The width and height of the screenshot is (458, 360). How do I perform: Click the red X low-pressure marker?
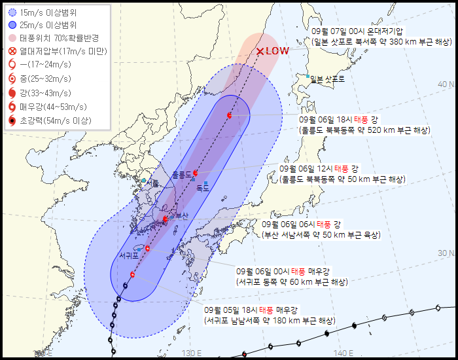pos(260,51)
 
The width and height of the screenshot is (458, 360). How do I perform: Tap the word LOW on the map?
pos(277,50)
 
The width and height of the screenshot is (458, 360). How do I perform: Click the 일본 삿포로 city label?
pos(327,79)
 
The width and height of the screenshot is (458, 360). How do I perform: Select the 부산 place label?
pos(182,216)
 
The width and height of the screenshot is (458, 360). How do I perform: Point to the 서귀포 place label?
pos(128,255)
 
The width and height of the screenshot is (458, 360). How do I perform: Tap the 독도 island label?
pos(203,187)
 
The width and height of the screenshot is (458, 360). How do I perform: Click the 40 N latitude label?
pos(446,84)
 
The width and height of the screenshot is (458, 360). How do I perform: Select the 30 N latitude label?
pos(446,253)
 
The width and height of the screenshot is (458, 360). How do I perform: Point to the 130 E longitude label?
pos(190,353)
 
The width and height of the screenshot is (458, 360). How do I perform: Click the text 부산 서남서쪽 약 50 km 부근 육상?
pos(321,234)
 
